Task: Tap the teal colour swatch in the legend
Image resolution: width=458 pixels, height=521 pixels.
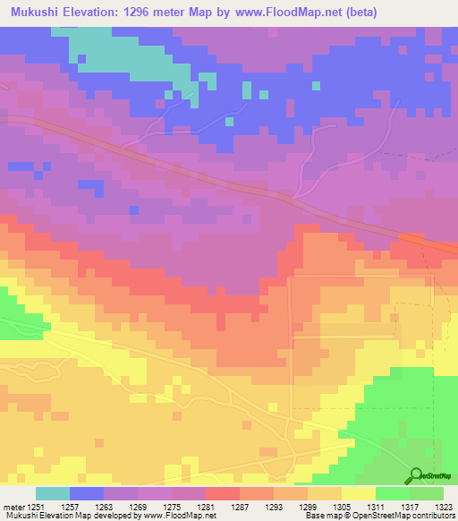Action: click(x=53, y=493)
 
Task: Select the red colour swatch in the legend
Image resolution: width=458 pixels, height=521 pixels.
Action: click(x=223, y=493)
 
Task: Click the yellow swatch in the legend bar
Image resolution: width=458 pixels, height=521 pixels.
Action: click(x=359, y=493)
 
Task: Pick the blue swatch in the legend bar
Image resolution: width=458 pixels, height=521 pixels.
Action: click(x=87, y=493)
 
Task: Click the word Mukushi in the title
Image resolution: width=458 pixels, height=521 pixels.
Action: click(x=35, y=13)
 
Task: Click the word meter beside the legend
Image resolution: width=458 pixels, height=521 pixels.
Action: click(x=15, y=506)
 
